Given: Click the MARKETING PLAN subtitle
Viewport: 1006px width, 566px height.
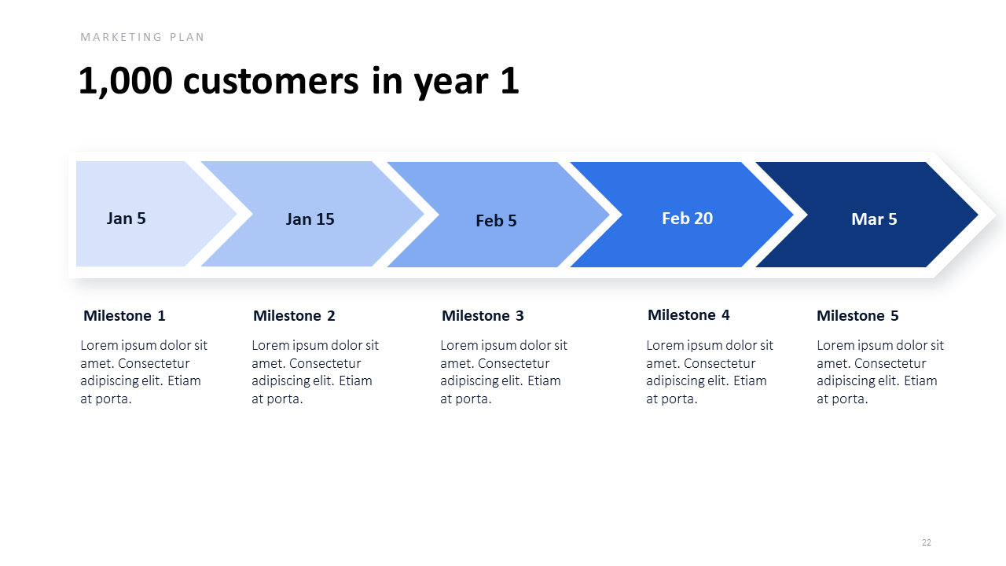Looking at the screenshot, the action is (x=142, y=37).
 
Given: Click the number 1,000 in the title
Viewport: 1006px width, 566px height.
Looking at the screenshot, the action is (x=125, y=81).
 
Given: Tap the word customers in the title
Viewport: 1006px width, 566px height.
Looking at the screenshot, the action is (x=271, y=81).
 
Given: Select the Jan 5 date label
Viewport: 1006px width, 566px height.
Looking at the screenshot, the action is (x=127, y=219).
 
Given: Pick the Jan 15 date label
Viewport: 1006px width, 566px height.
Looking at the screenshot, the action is (x=310, y=219).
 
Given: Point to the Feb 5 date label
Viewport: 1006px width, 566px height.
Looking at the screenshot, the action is (x=496, y=221).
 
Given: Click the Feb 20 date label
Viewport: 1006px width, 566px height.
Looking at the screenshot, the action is (x=687, y=219).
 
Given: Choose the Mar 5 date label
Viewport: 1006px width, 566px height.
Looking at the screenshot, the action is (x=874, y=219).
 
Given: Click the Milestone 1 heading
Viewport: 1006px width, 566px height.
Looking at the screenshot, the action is (x=124, y=316).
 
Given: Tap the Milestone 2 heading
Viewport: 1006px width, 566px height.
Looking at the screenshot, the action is (x=294, y=316).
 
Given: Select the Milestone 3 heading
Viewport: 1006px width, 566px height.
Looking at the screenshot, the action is (x=483, y=316).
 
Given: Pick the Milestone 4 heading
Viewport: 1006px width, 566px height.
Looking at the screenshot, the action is (x=688, y=315).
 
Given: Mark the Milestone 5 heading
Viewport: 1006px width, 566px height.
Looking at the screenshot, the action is (x=857, y=316).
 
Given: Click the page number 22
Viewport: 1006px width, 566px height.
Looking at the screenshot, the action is (x=927, y=542).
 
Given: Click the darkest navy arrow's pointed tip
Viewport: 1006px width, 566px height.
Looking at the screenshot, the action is (x=978, y=215).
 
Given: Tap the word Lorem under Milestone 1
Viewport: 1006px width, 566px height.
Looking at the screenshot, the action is (x=99, y=345).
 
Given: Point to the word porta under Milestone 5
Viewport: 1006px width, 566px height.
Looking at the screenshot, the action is (x=850, y=399).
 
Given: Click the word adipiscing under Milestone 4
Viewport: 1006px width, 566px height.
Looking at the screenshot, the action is (x=670, y=381).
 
